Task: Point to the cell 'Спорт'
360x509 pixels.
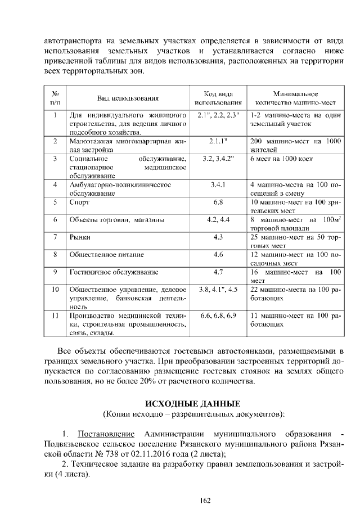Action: point(78,201)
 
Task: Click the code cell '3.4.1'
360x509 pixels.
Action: point(218,184)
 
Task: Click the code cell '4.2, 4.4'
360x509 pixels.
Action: point(218,219)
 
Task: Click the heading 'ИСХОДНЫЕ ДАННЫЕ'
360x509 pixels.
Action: point(193,404)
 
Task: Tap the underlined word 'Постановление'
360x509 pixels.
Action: point(106,434)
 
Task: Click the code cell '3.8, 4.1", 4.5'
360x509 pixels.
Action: point(218,290)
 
